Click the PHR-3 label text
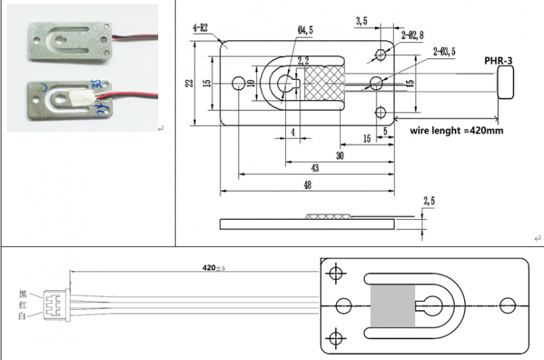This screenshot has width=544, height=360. point(499,61)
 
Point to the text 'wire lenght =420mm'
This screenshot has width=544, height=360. point(456,131)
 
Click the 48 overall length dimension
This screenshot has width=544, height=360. point(307,186)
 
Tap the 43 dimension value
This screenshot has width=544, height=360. point(315,168)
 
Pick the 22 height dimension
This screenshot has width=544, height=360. point(189,84)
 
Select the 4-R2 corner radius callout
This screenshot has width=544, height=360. point(200,28)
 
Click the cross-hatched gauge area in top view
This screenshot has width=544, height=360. point(322,84)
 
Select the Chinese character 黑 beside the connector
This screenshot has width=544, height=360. point(24,295)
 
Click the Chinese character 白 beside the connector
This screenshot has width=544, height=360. point(24,318)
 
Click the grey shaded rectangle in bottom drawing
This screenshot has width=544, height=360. point(392,305)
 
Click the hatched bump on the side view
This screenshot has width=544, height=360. point(328,216)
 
